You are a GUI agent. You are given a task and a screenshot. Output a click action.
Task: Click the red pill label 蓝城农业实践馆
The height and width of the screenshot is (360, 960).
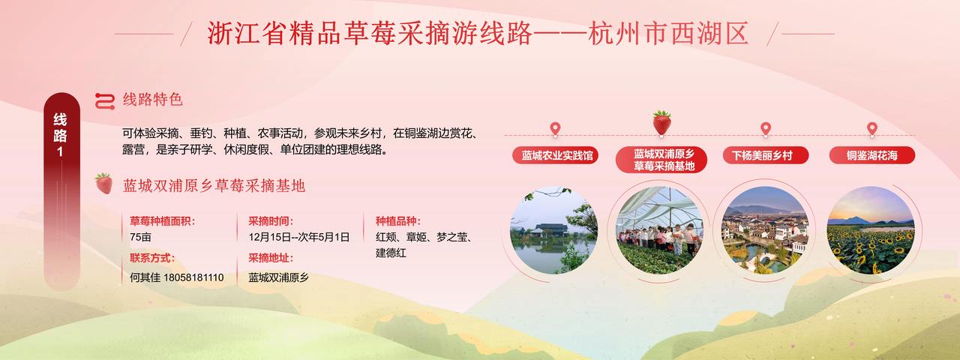555,155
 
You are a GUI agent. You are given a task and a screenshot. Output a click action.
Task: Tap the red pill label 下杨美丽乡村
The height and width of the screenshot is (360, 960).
766,155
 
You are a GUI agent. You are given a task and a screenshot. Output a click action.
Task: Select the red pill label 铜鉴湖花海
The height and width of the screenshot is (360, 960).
872,155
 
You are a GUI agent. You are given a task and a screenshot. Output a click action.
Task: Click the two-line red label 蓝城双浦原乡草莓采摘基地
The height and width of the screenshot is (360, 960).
661,160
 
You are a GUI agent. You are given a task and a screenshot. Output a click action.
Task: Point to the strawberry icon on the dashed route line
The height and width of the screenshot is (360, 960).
661,123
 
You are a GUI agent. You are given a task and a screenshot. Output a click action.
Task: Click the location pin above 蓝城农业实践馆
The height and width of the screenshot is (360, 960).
555,129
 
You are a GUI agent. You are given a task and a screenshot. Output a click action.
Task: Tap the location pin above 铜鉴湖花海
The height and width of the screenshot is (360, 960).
872,129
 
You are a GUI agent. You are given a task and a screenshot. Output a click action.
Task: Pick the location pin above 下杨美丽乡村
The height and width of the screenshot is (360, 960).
766,129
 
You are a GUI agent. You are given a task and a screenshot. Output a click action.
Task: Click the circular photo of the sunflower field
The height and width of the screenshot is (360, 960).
871,230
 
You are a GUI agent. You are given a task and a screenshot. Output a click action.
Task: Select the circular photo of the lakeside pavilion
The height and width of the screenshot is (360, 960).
553,230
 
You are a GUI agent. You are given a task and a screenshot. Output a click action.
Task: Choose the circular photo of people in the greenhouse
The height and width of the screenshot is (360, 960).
659,230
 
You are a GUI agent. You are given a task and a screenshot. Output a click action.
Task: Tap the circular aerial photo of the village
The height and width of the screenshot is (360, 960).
766,230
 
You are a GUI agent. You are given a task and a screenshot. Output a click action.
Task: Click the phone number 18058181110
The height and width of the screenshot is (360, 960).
193,277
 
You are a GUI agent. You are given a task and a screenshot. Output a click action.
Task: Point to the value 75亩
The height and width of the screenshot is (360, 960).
140,237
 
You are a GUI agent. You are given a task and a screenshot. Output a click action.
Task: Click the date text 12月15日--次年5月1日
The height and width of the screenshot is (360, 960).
299,237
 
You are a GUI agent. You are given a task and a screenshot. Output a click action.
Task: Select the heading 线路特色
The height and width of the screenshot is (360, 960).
153,100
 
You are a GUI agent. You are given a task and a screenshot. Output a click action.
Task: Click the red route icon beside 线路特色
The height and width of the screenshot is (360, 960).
105,101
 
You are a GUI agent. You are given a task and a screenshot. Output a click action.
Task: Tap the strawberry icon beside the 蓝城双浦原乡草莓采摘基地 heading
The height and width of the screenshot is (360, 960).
103,184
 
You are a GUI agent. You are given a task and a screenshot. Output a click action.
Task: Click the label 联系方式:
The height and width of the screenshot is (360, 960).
152,258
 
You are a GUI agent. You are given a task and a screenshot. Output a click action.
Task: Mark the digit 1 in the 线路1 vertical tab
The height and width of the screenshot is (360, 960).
60,151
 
